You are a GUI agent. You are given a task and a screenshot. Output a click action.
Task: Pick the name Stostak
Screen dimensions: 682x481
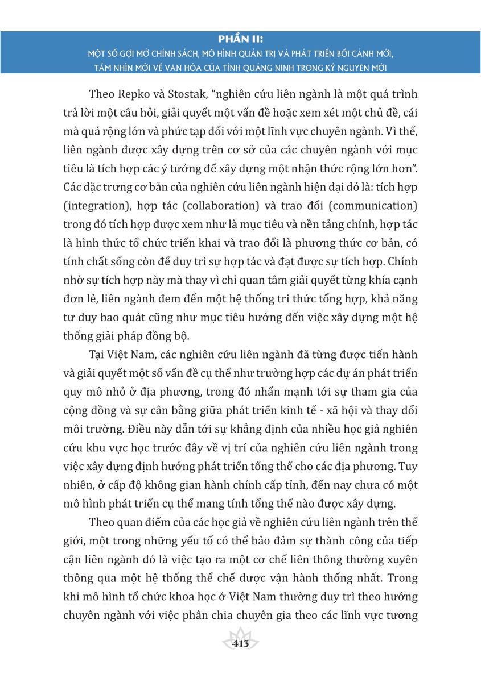[193, 93]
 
